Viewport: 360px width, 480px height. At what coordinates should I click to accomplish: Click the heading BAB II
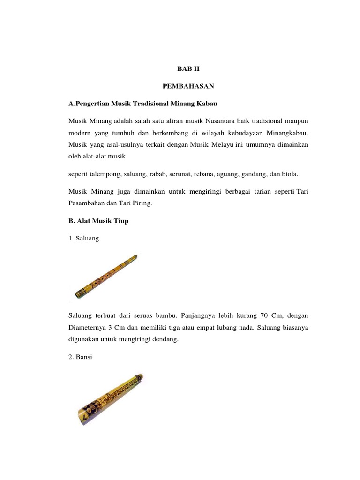(184, 68)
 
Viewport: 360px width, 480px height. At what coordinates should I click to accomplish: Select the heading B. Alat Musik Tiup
(98, 221)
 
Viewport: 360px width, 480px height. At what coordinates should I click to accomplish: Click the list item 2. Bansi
(81, 357)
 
